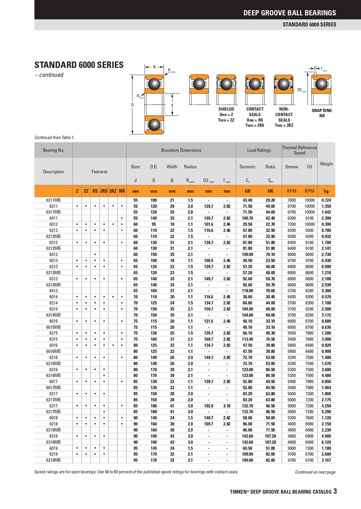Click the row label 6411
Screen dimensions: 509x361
(x=53, y=218)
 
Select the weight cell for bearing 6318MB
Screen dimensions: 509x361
(x=326, y=442)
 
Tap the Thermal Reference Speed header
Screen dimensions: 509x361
(x=299, y=150)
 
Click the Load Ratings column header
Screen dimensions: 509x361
(x=259, y=150)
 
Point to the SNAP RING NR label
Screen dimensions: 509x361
(x=322, y=113)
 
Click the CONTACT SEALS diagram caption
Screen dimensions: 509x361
(x=255, y=117)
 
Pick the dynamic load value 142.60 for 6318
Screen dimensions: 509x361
(x=247, y=436)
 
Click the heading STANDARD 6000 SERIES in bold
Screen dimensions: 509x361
(x=79, y=65)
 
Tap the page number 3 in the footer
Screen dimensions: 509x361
(x=335, y=491)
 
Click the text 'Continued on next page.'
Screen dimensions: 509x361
(x=315, y=472)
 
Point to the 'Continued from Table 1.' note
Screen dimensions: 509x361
(x=55, y=138)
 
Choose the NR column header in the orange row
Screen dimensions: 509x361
(x=122, y=191)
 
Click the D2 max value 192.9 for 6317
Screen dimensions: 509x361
(x=208, y=406)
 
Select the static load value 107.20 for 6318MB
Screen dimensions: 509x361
(x=270, y=442)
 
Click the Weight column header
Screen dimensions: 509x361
(x=326, y=163)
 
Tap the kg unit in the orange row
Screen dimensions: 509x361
(x=326, y=191)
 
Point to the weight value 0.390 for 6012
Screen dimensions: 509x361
(x=326, y=224)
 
